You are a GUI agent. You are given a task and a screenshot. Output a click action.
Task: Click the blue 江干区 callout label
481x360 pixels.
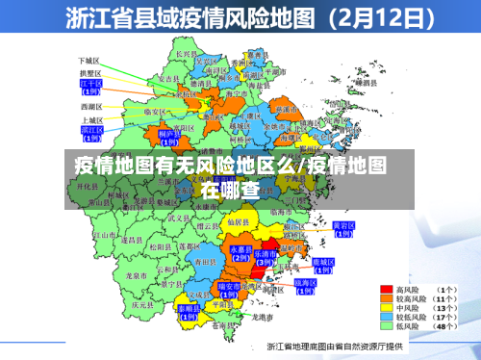(x=91, y=87)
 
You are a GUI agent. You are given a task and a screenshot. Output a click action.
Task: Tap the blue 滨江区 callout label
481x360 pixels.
(x=91, y=131)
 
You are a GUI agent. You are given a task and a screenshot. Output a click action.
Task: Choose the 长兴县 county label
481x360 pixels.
(x=187, y=55)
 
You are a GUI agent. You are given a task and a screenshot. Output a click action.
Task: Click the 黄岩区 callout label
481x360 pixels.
(x=343, y=228)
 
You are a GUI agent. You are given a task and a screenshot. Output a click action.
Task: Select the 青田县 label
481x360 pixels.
(x=201, y=261)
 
